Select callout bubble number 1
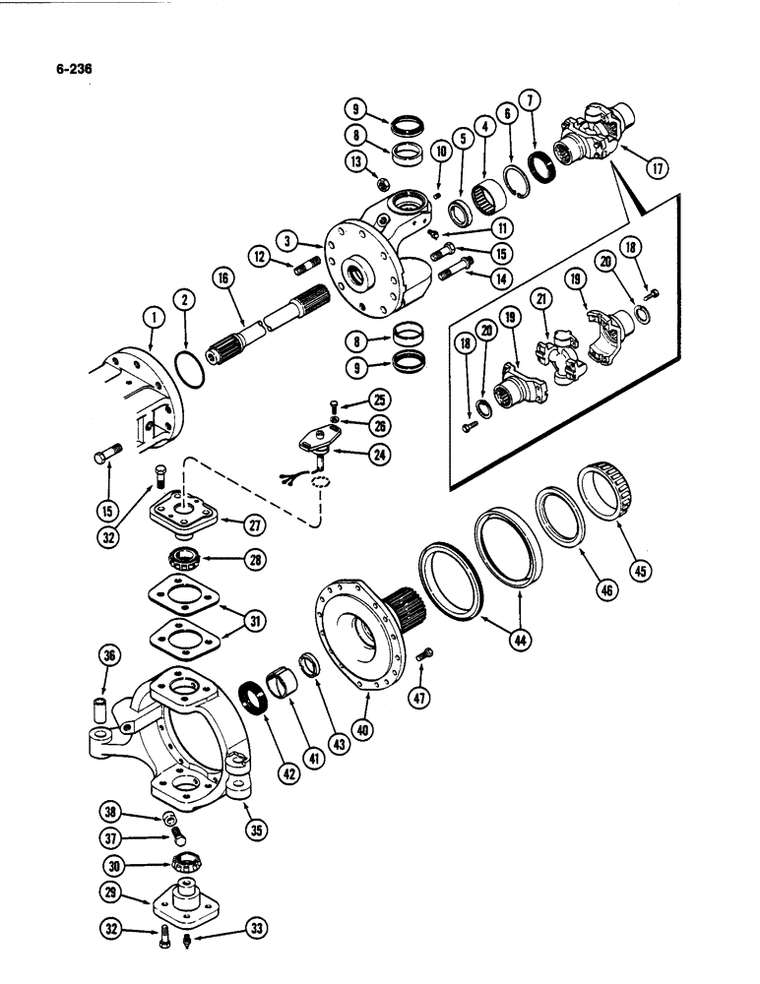point(153,316)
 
